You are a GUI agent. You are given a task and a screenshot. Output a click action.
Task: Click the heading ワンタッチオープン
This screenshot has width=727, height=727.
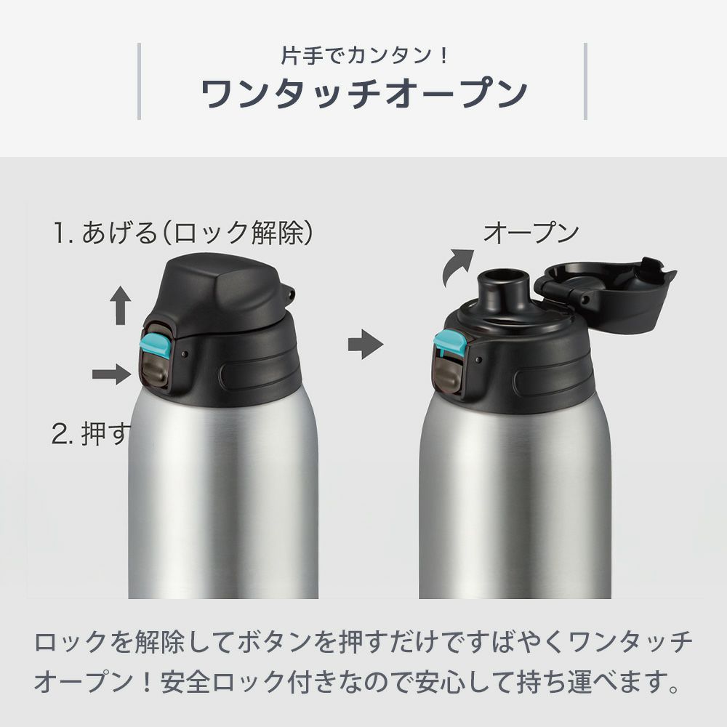pyautogui.click(x=364, y=93)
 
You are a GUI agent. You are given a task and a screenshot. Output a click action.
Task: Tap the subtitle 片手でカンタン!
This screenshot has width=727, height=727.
pyautogui.click(x=364, y=56)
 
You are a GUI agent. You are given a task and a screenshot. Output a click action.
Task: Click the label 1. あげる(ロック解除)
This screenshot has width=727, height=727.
pyautogui.click(x=183, y=233)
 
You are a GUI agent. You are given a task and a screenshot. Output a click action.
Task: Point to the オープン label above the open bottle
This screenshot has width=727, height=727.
pyautogui.click(x=531, y=233)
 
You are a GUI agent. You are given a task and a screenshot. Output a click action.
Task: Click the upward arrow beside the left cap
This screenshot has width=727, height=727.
pyautogui.click(x=121, y=305)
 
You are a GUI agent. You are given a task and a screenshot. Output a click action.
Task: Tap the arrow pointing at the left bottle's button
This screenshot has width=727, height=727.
pyautogui.click(x=112, y=374)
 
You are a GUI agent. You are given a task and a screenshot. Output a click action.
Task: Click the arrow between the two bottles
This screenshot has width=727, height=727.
pyautogui.click(x=366, y=344)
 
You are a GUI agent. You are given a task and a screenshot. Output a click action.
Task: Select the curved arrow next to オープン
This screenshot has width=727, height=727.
pyautogui.click(x=455, y=267)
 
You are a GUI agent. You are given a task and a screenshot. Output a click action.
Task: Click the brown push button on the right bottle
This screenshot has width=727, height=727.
pyautogui.click(x=446, y=375)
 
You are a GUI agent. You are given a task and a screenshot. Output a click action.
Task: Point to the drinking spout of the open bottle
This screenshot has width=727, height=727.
pyautogui.click(x=504, y=286)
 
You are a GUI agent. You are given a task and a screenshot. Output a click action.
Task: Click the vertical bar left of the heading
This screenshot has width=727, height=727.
pyautogui.click(x=139, y=81)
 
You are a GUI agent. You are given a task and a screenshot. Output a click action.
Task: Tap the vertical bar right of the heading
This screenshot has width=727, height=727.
pyautogui.click(x=585, y=81)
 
